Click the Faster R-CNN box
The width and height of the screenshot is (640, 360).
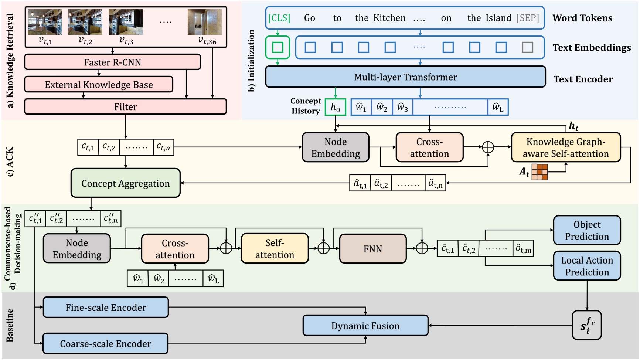point(112,62)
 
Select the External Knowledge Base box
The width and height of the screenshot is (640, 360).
point(99,85)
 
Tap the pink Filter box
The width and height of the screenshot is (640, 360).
point(125,107)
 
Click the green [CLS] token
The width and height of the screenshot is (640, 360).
point(279,18)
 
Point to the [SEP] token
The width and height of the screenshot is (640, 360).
point(528,18)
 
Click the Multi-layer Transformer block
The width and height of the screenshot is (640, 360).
point(405,77)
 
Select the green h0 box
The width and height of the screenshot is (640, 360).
point(335,107)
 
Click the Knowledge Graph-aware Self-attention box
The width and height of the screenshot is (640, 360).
point(565,147)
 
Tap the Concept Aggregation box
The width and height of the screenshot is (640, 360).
point(125,183)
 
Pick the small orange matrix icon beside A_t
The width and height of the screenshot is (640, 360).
point(539,172)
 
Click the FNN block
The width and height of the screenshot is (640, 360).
point(372,249)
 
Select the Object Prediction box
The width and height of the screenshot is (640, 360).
point(587,230)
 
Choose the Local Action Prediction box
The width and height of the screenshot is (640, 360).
point(587,266)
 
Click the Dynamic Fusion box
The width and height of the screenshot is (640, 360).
point(365,326)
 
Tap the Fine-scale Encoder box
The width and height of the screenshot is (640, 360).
point(106,308)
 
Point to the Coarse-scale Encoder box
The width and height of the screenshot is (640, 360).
point(105,344)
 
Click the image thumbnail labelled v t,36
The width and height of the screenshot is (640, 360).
point(204,22)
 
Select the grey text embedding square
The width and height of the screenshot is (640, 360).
point(527,47)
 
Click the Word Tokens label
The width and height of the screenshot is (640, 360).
point(582,18)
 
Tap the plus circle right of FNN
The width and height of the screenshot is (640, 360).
point(422,249)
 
